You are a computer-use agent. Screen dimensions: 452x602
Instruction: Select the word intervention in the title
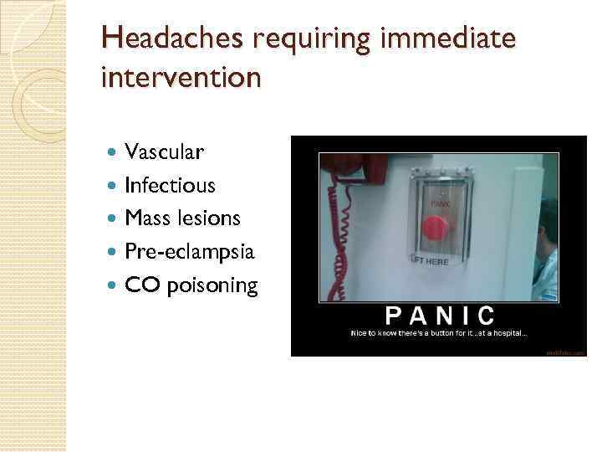(x=180, y=77)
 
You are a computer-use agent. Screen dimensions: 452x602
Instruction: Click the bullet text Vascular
(x=163, y=152)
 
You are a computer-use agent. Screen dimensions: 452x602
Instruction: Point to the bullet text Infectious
(x=170, y=185)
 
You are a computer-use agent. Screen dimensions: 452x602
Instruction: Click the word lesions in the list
(x=208, y=218)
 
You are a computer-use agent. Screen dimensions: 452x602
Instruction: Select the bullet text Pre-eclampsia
(x=189, y=252)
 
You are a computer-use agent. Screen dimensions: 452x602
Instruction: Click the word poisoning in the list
(x=212, y=286)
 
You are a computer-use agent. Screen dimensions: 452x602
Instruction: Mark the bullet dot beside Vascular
(x=114, y=152)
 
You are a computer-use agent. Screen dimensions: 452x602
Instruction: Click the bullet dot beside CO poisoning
(x=114, y=286)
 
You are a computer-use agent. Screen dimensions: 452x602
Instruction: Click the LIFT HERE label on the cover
(x=430, y=261)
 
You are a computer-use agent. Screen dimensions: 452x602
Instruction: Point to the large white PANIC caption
(x=439, y=316)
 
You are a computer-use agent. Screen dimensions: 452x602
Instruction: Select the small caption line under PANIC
(x=438, y=333)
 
